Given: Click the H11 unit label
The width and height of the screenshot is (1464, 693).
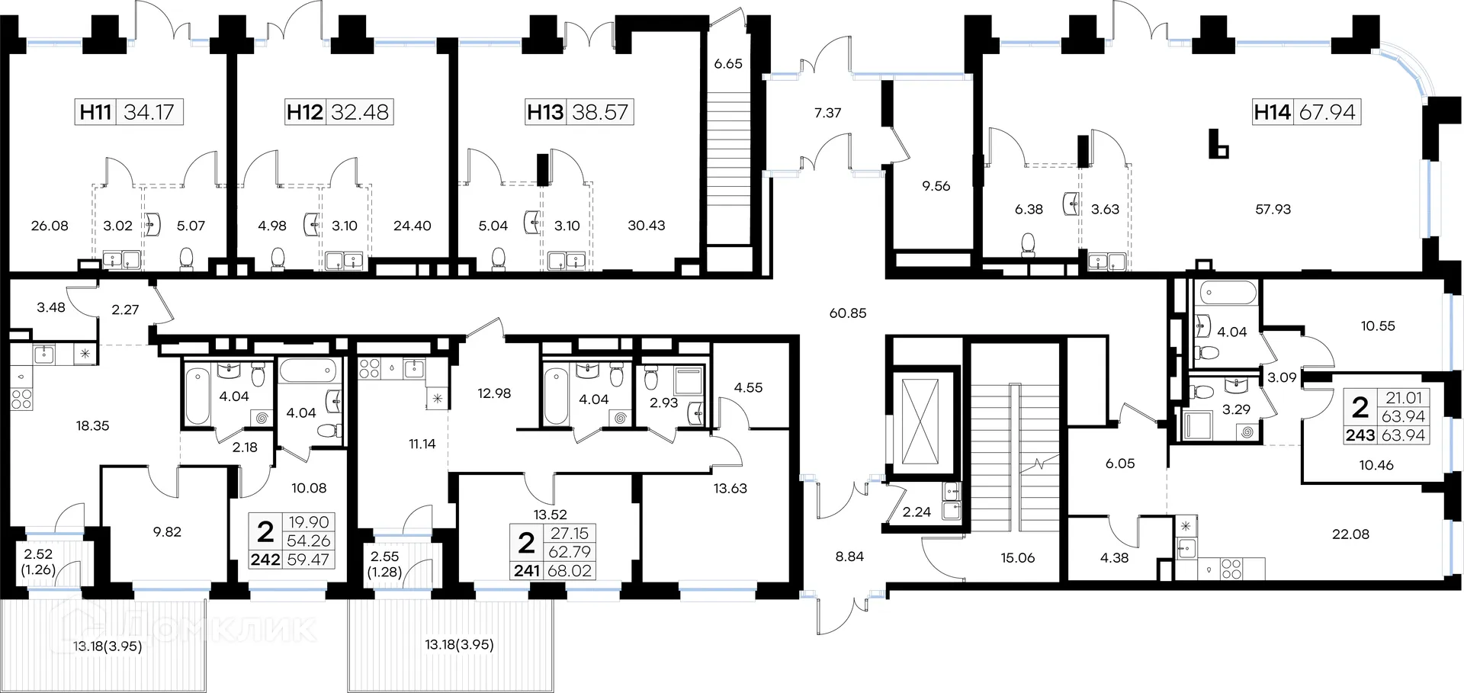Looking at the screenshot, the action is pyautogui.click(x=96, y=112).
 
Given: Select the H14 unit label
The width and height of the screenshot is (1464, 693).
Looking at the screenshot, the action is pyautogui.click(x=1273, y=112).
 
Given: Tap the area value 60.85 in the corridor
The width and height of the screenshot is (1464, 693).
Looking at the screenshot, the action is pyautogui.click(x=848, y=313).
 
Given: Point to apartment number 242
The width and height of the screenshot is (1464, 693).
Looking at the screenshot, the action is pyautogui.click(x=265, y=560).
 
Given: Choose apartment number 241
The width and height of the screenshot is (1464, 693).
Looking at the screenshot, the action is pyautogui.click(x=527, y=570).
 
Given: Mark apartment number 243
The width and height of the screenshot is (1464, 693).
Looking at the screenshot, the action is pyautogui.click(x=1360, y=435).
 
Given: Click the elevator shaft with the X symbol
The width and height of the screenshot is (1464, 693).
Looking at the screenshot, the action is pyautogui.click(x=920, y=421).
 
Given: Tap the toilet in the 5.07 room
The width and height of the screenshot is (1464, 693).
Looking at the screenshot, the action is pyautogui.click(x=186, y=259).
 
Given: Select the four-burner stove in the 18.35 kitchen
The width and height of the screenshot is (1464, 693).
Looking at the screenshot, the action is pyautogui.click(x=21, y=399).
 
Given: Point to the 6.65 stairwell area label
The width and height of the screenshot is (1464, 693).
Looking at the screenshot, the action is pyautogui.click(x=728, y=64).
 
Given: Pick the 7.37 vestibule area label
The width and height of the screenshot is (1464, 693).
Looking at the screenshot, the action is pyautogui.click(x=827, y=113).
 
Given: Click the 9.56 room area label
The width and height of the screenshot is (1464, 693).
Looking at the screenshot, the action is pyautogui.click(x=936, y=186).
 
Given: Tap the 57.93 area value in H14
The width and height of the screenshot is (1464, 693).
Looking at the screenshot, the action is pyautogui.click(x=1273, y=209).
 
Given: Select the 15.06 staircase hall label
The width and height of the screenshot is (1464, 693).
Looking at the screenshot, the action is pyautogui.click(x=1018, y=558).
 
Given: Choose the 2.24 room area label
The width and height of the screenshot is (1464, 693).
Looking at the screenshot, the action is pyautogui.click(x=917, y=512).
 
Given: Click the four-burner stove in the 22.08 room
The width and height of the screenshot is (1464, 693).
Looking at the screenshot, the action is pyautogui.click(x=1232, y=569).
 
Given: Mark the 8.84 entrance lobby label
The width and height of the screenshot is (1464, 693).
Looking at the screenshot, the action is pyautogui.click(x=849, y=557).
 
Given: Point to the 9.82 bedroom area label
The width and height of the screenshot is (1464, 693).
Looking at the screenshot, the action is pyautogui.click(x=167, y=532).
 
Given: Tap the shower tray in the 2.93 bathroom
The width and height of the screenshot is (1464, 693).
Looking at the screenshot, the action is pyautogui.click(x=690, y=381).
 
